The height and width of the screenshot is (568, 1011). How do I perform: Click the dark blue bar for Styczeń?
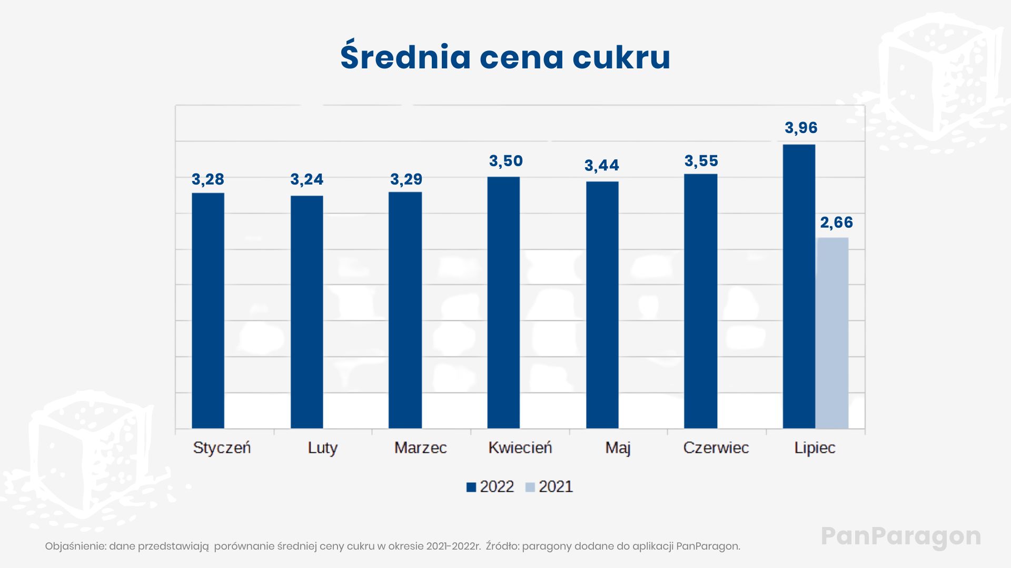pos(208,310)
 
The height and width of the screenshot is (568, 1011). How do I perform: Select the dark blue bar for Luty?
pos(307,312)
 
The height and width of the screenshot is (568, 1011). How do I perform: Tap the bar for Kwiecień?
pos(503,302)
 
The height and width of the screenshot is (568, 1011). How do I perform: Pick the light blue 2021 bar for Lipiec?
pos(832,333)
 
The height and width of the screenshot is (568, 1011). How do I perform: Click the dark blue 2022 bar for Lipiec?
pos(799,287)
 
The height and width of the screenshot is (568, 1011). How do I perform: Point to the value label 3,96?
pos(801,128)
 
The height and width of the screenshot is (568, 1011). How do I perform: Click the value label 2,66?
pos(836,222)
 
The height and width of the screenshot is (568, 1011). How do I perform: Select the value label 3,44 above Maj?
pos(602,166)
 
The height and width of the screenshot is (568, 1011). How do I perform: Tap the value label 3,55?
pos(701,161)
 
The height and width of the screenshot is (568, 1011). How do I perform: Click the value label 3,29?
pos(406,179)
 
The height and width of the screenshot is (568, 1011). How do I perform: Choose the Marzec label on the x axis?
pos(420,448)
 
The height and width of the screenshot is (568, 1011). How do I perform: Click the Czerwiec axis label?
pos(716,448)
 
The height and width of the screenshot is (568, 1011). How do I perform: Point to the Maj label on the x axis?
pos(618,448)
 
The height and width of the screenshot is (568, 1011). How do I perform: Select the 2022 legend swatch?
pos(471,488)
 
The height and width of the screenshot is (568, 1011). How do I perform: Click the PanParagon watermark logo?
pos(901,536)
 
